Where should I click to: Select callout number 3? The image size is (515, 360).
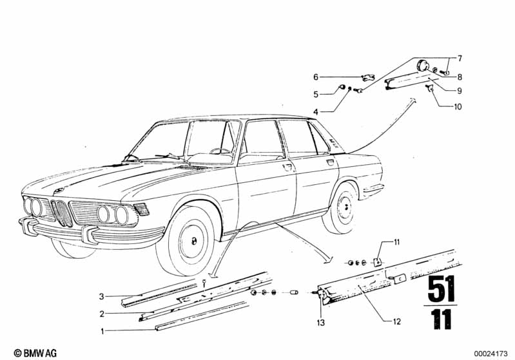101,297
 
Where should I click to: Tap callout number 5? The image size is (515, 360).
316,95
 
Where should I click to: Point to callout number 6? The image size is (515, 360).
316,76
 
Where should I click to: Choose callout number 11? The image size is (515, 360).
397,243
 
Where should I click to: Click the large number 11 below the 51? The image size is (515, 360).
442,320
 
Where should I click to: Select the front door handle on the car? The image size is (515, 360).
287,167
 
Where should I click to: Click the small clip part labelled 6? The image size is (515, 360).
367,78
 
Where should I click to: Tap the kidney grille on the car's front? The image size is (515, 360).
62,213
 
